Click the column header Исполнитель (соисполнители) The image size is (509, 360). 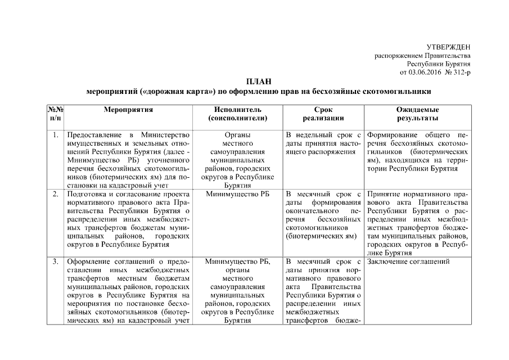coord(237,114)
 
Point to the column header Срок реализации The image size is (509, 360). coord(323,114)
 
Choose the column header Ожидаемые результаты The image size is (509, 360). coord(417,114)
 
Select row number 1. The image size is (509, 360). coord(55,136)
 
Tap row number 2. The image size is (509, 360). coord(55,194)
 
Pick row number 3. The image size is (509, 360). coord(55,262)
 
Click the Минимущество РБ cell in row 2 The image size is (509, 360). coord(237,194)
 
